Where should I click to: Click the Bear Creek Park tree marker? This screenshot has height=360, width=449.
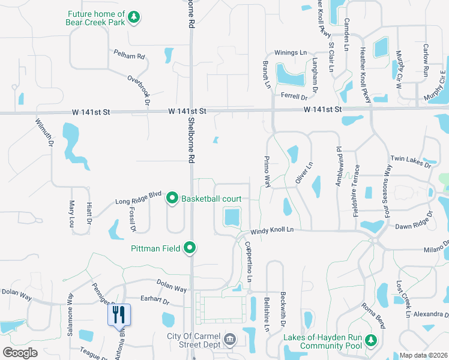click(134, 16)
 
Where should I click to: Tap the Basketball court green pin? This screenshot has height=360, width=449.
click(172, 198)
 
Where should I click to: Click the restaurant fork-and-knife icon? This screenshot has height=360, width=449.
click(118, 313)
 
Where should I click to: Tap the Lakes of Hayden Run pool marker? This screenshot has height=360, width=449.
click(372, 341)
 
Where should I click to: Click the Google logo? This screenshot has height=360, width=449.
click(20, 353)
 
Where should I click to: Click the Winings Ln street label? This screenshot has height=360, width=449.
click(291, 53)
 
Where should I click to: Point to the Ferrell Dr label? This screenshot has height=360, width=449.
click(294, 96)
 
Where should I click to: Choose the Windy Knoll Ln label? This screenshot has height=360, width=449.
click(272, 229)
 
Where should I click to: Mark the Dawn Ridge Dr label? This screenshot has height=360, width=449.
click(414, 226)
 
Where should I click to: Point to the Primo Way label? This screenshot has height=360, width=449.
click(267, 171)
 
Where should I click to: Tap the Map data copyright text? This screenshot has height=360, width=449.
click(423, 355)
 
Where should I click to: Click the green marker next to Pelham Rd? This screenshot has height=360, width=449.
click(169, 55)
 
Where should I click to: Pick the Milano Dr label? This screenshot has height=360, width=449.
click(436, 249)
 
